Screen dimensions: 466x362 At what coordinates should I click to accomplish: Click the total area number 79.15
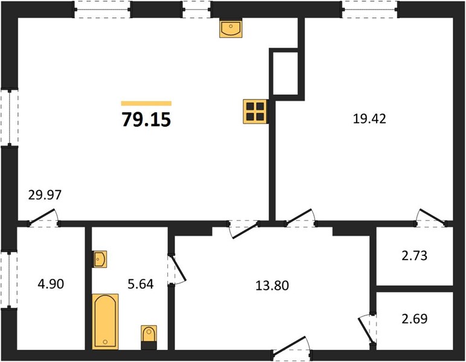[146, 120]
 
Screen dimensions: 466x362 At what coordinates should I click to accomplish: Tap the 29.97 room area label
[45, 195]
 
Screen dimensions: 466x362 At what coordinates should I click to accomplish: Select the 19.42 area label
[369, 119]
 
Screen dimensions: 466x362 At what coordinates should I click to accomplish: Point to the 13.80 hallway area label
[272, 285]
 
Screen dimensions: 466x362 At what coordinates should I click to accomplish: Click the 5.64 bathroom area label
[141, 284]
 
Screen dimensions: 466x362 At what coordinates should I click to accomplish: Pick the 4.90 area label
[51, 284]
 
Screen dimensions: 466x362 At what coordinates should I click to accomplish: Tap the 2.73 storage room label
[415, 256]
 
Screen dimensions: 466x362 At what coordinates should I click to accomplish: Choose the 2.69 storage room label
[415, 319]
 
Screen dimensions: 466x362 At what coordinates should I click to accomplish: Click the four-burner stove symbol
[255, 112]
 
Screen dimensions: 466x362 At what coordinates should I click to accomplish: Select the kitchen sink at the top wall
[231, 28]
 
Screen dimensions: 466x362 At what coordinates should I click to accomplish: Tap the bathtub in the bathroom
[105, 322]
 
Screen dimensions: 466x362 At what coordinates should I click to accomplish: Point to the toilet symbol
[148, 337]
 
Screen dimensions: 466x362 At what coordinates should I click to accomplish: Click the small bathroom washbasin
[99, 259]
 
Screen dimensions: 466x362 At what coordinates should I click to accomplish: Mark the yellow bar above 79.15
[146, 103]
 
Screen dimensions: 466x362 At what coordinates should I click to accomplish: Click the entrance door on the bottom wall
[292, 347]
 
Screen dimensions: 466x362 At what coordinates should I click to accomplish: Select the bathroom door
[177, 269]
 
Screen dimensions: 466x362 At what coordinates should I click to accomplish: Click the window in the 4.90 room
[9, 281]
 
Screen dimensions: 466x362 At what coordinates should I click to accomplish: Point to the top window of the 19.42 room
[369, 10]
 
